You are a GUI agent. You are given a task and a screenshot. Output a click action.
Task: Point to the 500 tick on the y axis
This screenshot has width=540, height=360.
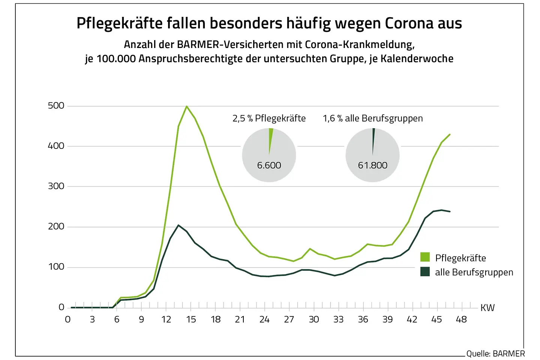(56, 106)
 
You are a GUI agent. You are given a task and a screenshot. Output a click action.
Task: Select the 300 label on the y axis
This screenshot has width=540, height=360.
(56, 186)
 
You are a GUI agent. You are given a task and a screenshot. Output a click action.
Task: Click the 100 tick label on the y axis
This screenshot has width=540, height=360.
(56, 267)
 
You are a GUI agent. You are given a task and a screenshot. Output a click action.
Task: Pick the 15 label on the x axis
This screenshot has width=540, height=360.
(191, 319)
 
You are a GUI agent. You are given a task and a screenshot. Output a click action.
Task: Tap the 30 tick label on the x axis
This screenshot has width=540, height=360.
(314, 319)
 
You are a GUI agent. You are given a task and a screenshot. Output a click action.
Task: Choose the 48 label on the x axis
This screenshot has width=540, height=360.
(461, 319)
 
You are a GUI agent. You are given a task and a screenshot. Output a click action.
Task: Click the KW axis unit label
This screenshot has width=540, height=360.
(487, 308)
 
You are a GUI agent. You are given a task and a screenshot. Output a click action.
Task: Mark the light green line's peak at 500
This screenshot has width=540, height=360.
(186, 106)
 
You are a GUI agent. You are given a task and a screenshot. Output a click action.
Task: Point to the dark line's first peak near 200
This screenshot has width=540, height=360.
(178, 225)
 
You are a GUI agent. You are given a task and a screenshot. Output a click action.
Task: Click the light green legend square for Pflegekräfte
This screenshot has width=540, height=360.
(425, 257)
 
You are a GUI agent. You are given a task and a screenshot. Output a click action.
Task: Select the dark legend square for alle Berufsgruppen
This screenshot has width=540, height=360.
(425, 272)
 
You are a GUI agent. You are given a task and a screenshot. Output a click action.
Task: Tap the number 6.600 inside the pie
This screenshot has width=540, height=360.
(269, 165)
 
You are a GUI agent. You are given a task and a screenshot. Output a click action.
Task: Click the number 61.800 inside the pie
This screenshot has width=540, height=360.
(372, 165)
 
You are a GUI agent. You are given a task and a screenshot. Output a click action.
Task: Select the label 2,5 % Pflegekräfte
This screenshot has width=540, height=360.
(269, 118)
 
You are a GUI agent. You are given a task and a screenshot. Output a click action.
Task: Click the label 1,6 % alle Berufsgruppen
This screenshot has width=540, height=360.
(373, 118)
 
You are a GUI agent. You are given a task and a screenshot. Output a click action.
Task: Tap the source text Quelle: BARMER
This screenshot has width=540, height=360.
(495, 354)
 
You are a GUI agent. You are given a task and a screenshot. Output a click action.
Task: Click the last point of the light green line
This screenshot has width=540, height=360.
(450, 134)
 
